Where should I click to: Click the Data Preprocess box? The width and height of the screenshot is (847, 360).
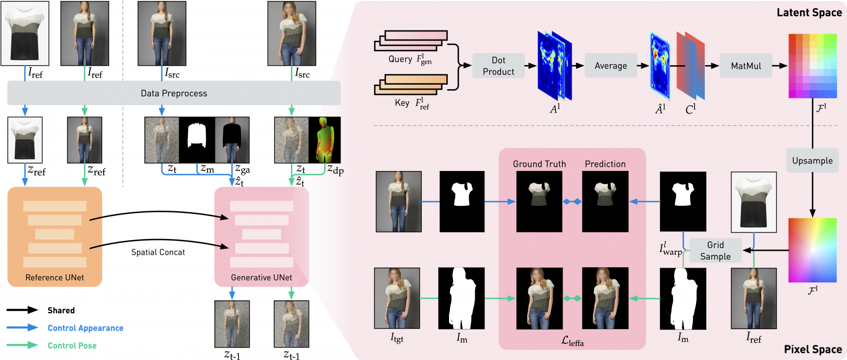tap(174, 93)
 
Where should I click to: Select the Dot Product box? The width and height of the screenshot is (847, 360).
tap(498, 66)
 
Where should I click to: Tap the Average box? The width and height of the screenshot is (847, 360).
tap(611, 66)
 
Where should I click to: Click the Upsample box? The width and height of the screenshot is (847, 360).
tap(813, 161)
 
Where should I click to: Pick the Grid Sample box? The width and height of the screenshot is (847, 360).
tap(715, 250)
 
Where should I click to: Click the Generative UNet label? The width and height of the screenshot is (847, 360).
tap(262, 278)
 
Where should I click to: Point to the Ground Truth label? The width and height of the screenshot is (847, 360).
tap(539, 163)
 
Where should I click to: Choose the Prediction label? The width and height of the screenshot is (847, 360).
tap(605, 163)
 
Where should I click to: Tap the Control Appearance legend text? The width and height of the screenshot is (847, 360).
tap(85, 328)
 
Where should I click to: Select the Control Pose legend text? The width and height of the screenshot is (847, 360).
tap(72, 345)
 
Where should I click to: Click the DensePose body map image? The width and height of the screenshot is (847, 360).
tap(324, 140)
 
